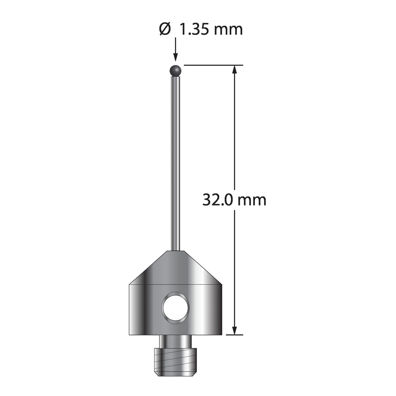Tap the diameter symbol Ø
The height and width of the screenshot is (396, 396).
(165, 30)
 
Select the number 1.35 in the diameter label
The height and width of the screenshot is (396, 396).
(193, 30)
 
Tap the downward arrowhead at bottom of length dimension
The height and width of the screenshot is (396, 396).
(234, 330)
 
